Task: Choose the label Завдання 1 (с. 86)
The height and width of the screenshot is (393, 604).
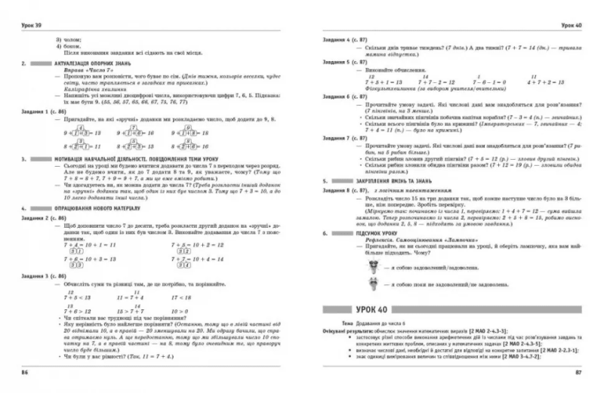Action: (44, 112)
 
